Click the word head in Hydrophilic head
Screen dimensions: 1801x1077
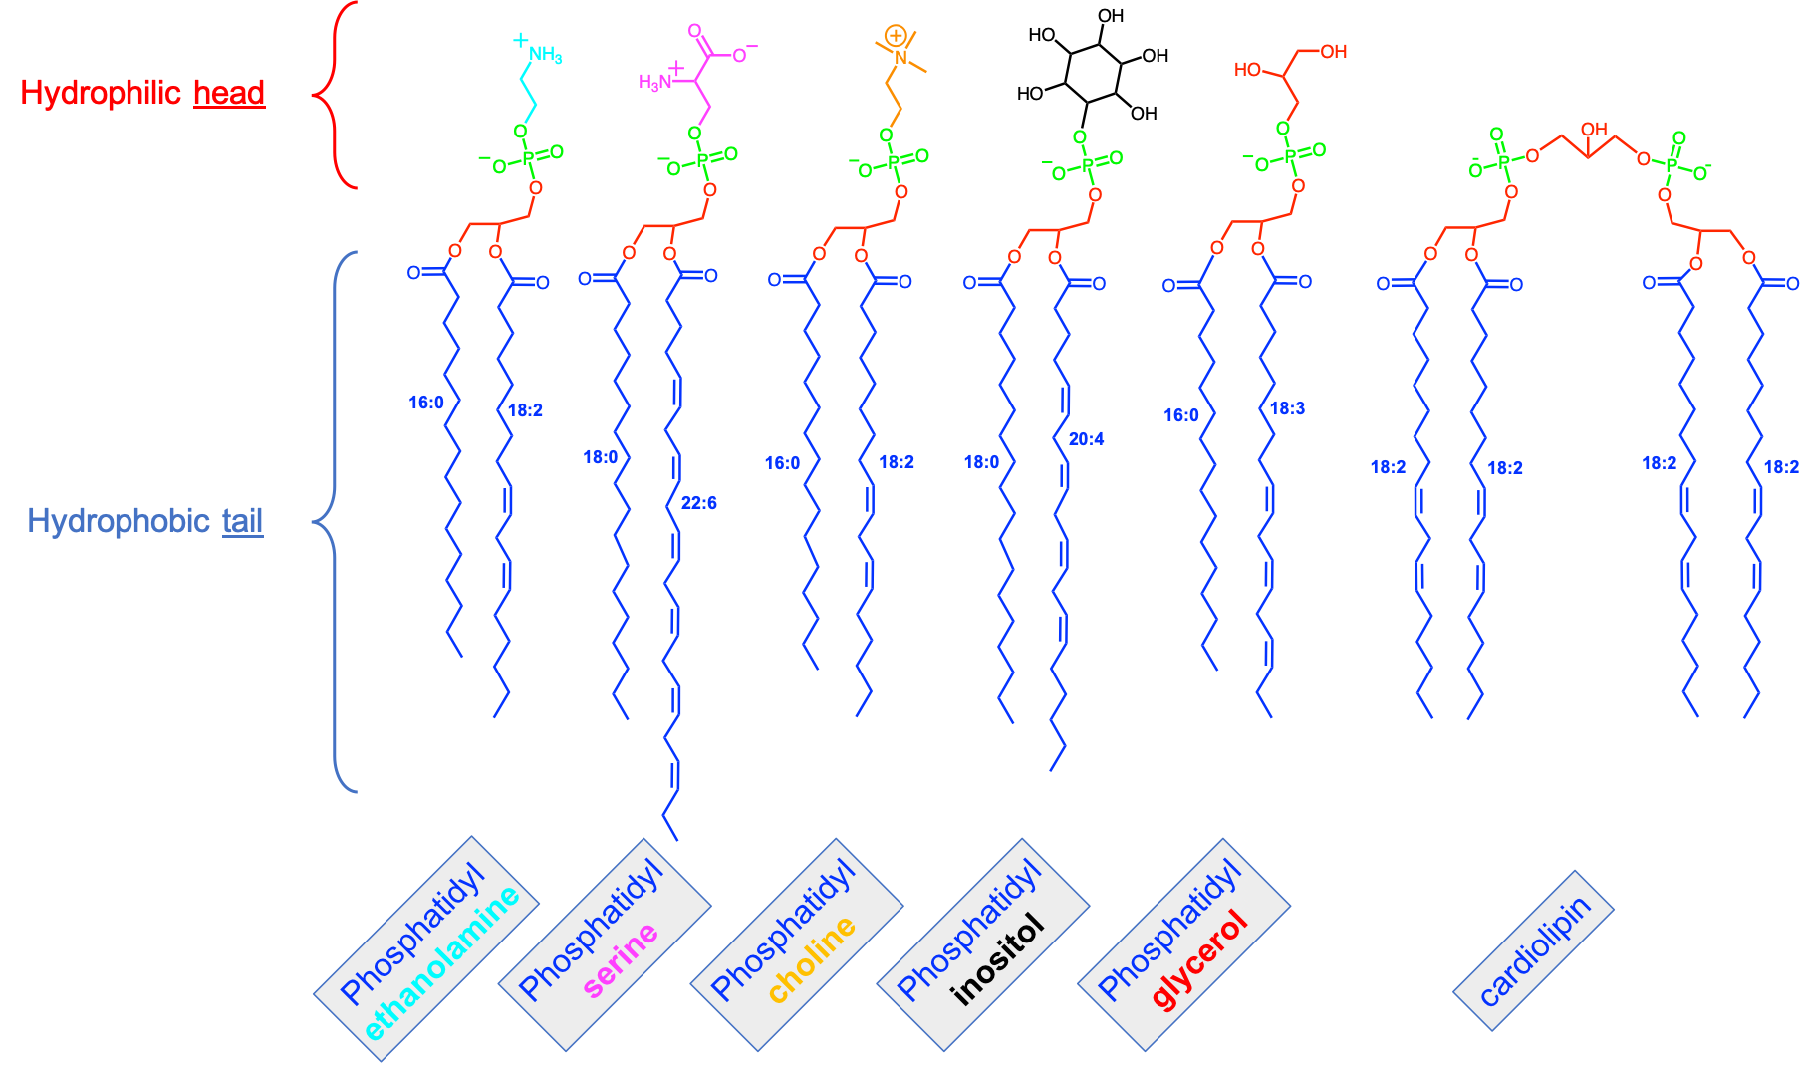[x=229, y=93]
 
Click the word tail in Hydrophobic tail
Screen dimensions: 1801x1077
[x=243, y=520]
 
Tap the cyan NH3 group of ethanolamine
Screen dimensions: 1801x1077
[x=545, y=54]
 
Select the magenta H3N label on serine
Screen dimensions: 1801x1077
[x=654, y=82]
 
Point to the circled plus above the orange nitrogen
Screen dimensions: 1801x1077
[x=896, y=37]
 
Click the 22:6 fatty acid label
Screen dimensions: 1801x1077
[x=698, y=503]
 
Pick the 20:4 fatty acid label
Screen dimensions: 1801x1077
[x=1086, y=439]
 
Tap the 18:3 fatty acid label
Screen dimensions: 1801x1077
[x=1286, y=408]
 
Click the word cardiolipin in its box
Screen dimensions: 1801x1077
[x=1534, y=951]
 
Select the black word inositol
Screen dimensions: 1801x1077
[x=998, y=958]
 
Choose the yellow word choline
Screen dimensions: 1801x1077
[x=812, y=958]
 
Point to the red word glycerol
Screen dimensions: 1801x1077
[x=1199, y=958]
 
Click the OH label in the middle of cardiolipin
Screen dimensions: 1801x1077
[x=1594, y=129]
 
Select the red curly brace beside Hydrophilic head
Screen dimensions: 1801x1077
[x=334, y=95]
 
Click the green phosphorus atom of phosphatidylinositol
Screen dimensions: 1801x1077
[x=1088, y=165]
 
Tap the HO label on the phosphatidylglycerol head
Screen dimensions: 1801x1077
[x=1247, y=70]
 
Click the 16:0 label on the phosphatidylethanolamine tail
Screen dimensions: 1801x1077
[x=426, y=403]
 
